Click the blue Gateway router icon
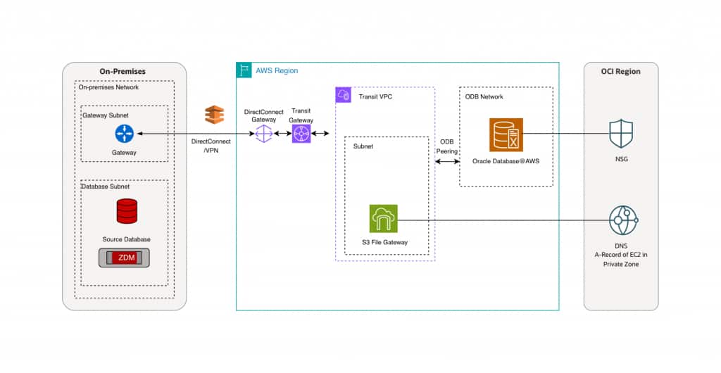click(x=124, y=133)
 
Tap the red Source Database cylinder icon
click(x=127, y=211)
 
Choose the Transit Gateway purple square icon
click(x=301, y=133)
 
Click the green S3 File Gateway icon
click(x=383, y=219)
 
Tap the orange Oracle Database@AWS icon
click(x=506, y=134)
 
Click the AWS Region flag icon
click(x=244, y=70)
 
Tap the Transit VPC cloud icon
click(x=344, y=96)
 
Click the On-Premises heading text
click(x=125, y=72)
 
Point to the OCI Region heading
click(x=621, y=72)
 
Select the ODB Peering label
click(x=447, y=146)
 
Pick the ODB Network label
click(x=484, y=96)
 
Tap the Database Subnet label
click(x=106, y=186)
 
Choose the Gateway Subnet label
click(x=106, y=115)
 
